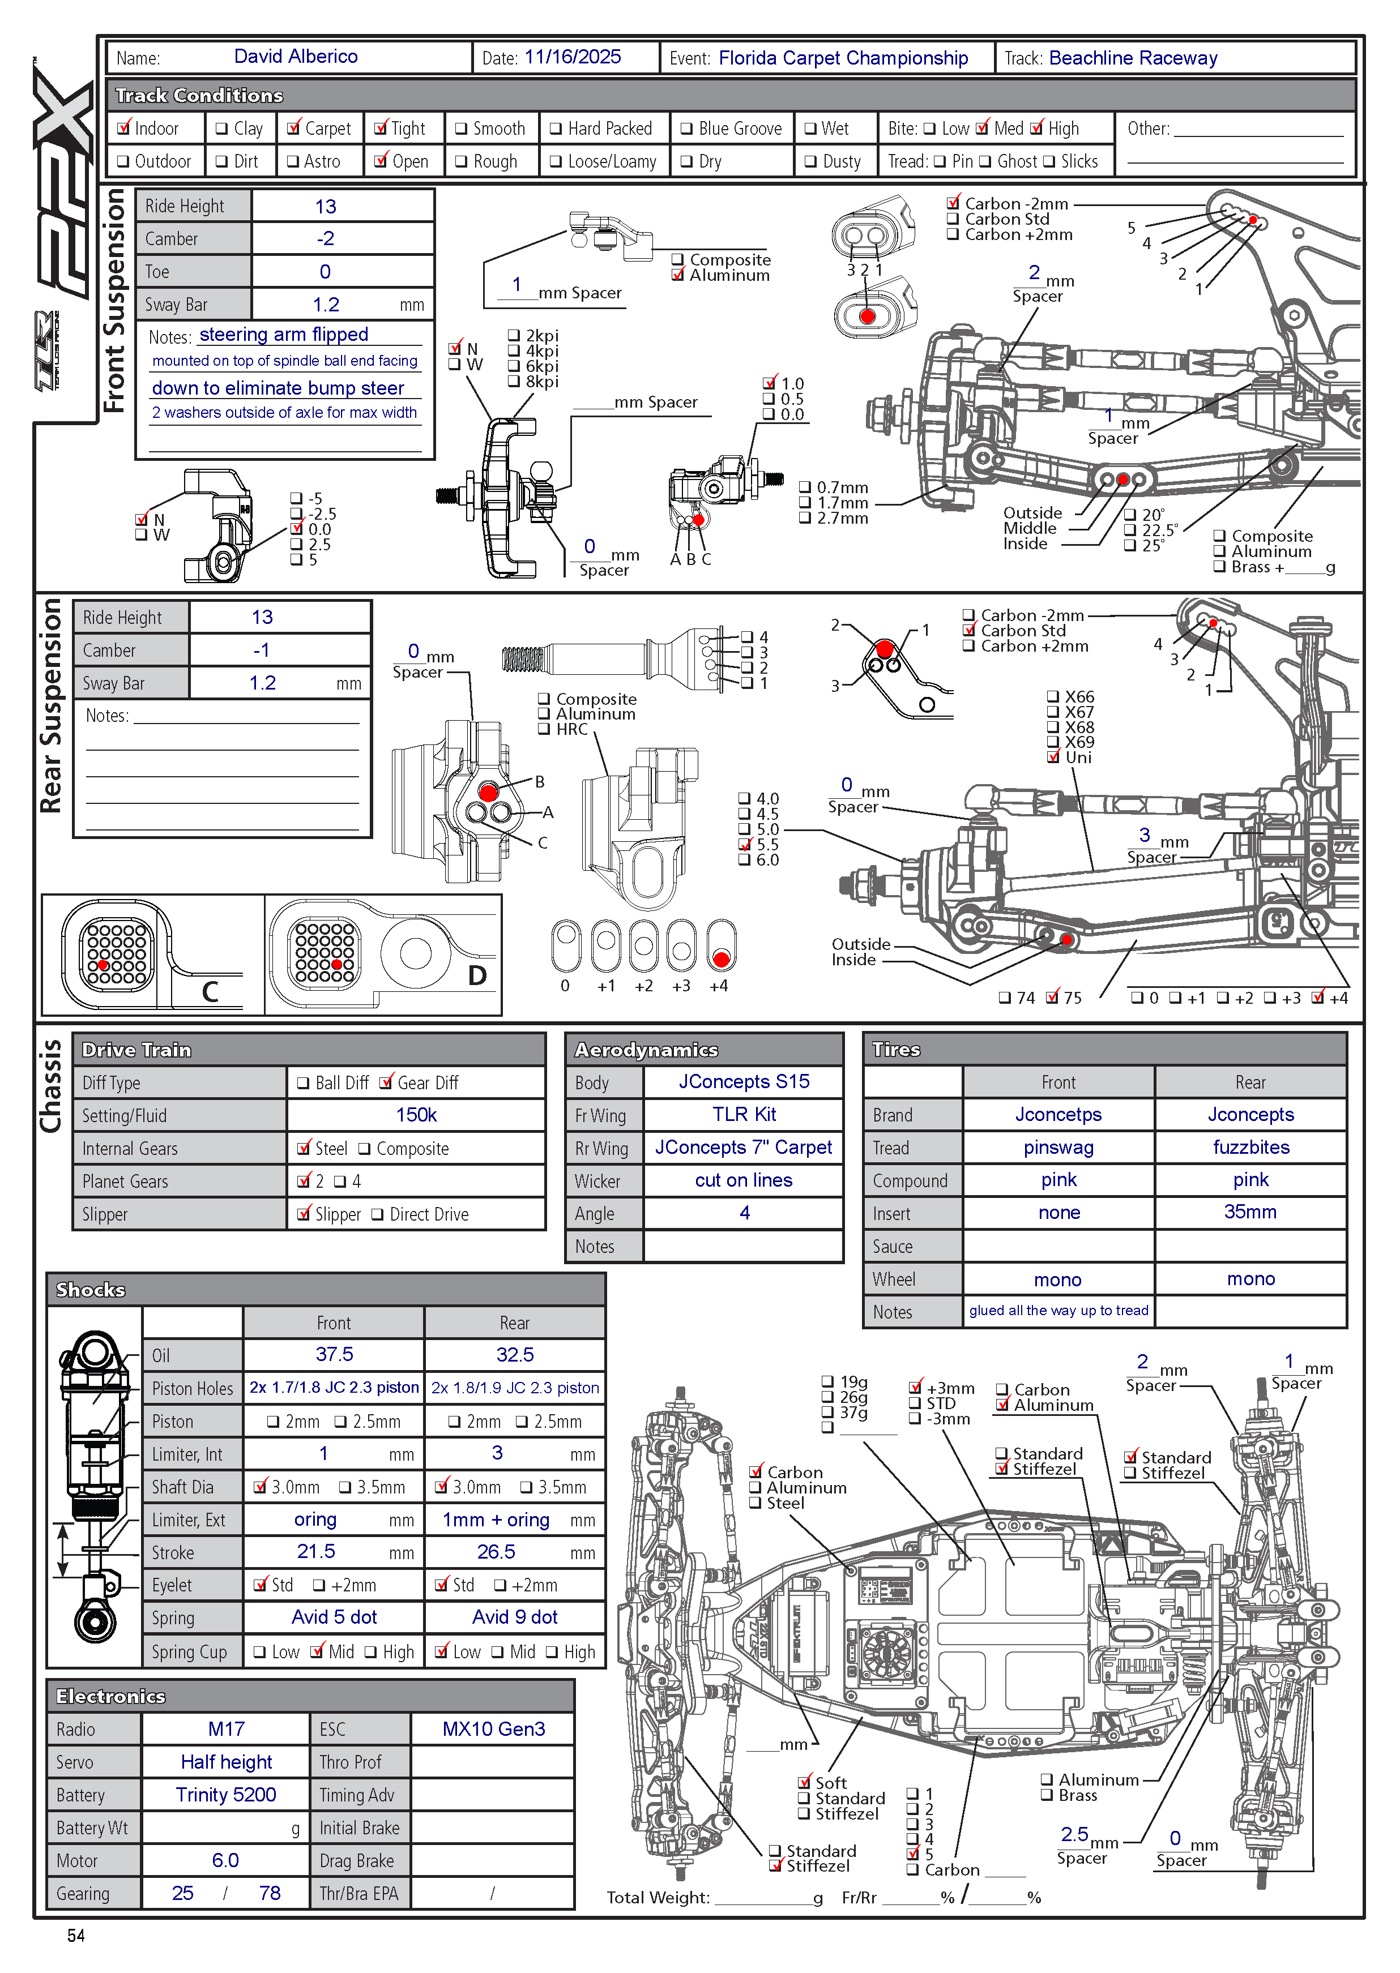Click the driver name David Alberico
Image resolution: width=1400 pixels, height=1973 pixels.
(296, 57)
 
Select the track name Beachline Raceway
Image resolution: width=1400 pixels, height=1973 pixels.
(1133, 58)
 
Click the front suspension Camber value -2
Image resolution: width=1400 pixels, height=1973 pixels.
(325, 239)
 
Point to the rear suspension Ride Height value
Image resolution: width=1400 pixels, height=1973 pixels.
(262, 617)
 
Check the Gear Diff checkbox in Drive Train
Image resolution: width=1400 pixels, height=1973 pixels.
(386, 1082)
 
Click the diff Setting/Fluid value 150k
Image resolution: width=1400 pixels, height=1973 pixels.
(416, 1115)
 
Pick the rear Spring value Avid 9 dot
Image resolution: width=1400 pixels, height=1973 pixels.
(515, 1617)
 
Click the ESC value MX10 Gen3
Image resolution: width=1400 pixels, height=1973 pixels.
(493, 1729)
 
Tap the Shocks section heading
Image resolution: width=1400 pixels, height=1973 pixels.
(91, 1290)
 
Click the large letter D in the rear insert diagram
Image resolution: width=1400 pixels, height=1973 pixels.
(477, 975)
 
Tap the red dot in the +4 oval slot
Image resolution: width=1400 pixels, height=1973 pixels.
(722, 959)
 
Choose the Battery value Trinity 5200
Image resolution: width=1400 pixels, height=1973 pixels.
(226, 1795)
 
